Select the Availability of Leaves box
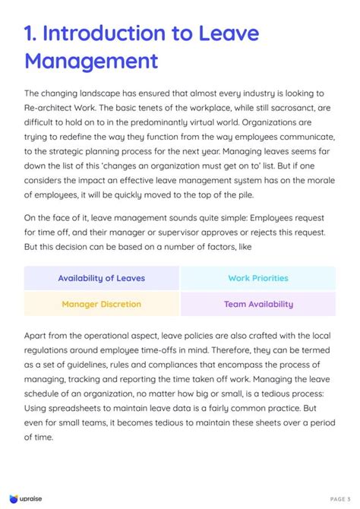[101, 278]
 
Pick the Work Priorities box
[258, 278]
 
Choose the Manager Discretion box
[101, 304]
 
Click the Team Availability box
[258, 304]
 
